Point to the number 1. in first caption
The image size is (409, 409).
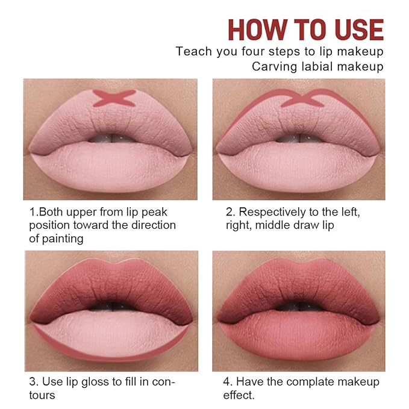tap(34, 212)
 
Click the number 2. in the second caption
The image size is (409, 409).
tap(229, 212)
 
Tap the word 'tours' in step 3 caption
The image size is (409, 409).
tap(42, 395)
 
